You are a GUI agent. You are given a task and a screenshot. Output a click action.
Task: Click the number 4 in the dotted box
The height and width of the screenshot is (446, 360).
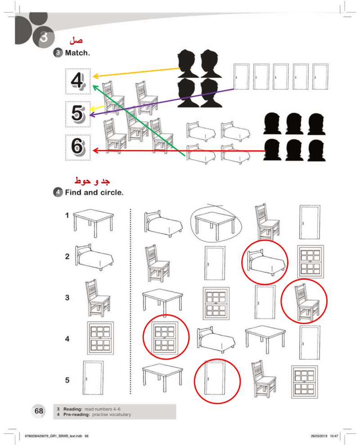(x=78, y=81)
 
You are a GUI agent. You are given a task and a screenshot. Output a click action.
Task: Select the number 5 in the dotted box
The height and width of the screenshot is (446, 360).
(x=78, y=113)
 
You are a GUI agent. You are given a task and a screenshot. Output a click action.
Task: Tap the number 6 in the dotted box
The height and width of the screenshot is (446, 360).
(x=78, y=147)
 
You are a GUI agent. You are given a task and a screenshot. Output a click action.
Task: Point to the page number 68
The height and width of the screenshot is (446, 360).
(x=39, y=411)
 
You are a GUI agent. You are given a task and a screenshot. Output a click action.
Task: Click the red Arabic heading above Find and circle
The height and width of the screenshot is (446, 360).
(x=92, y=181)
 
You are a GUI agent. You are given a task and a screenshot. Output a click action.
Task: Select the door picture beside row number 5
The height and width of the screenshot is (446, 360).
(x=94, y=378)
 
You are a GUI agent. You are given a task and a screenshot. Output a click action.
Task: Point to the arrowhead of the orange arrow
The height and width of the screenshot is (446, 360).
(x=94, y=77)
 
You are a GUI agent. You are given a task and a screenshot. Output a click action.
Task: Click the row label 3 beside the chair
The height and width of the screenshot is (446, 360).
(x=67, y=297)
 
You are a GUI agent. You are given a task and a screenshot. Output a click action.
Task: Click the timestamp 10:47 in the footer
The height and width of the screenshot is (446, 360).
(x=334, y=436)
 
